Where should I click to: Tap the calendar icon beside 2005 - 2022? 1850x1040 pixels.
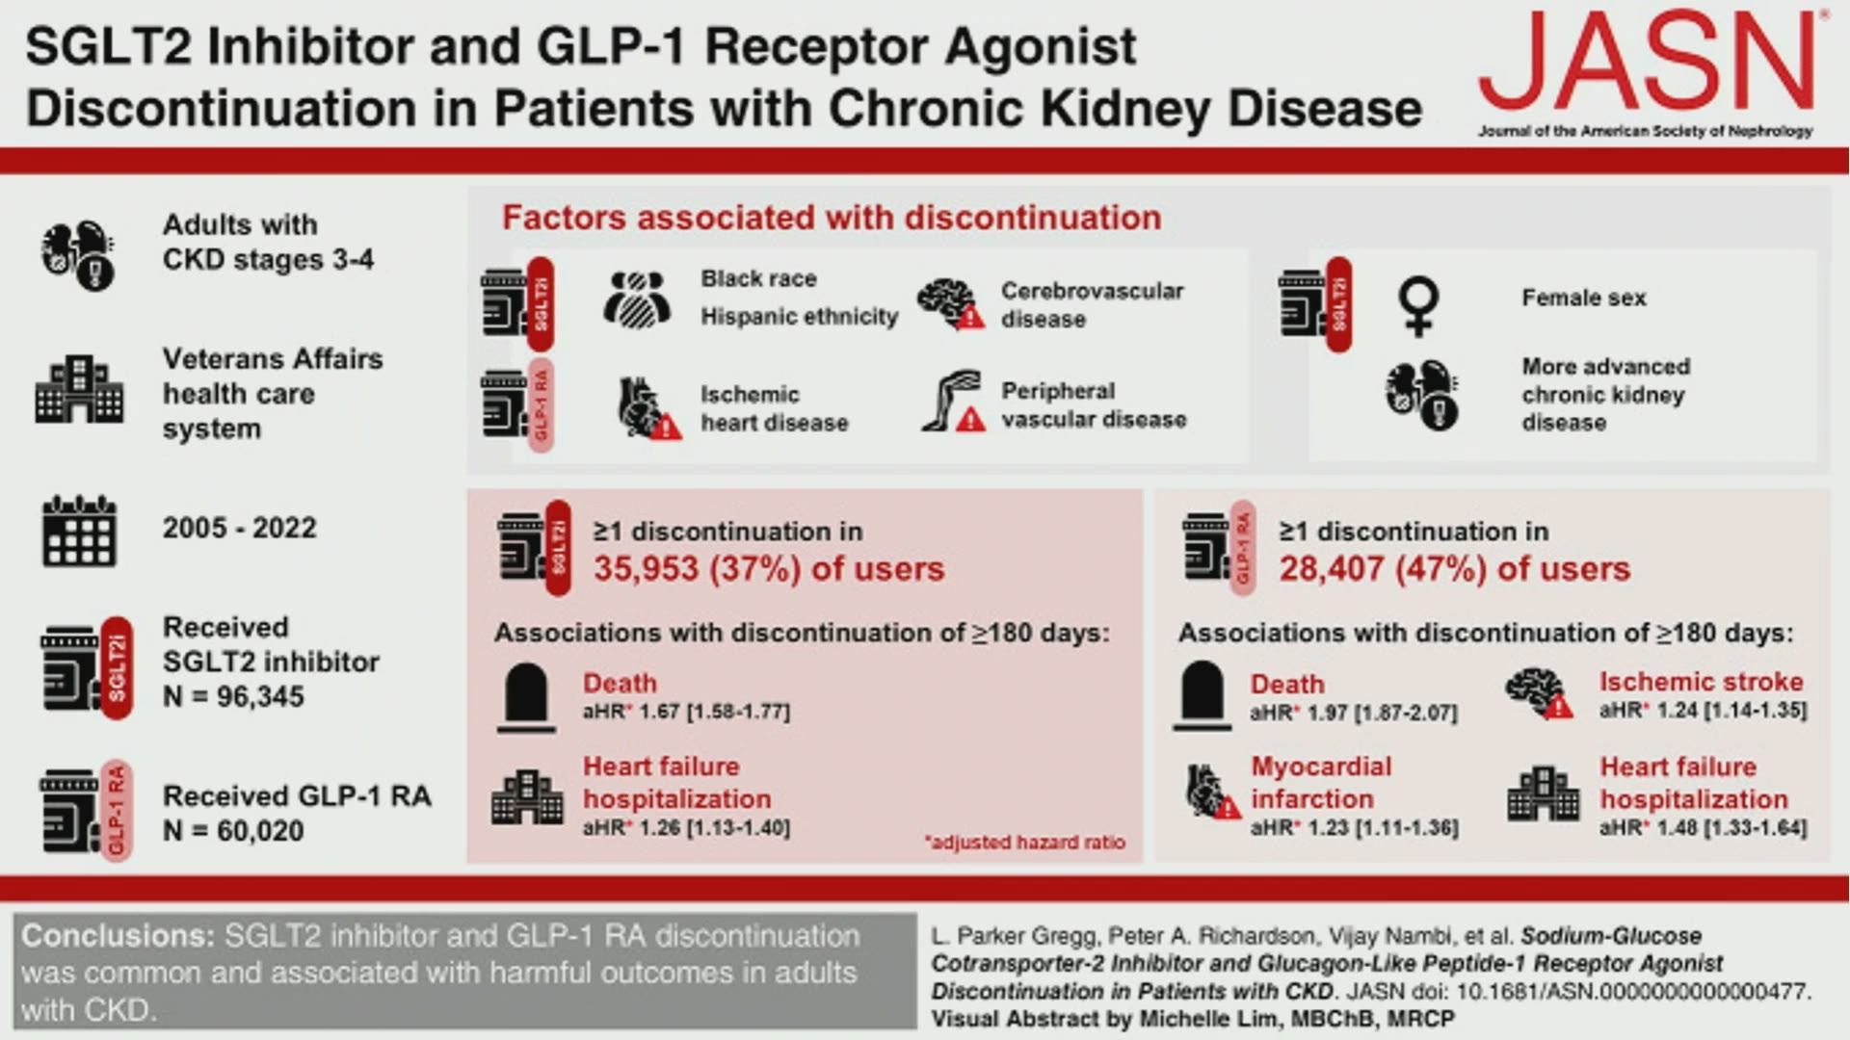79,531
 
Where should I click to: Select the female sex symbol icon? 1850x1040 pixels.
1418,306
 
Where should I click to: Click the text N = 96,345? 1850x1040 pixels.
233,696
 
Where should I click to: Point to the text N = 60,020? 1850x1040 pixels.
233,830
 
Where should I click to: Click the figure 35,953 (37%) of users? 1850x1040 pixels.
769,568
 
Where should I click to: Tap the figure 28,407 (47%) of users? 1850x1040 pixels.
1455,568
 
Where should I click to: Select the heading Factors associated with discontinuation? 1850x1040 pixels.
832,218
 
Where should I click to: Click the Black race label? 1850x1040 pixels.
758,278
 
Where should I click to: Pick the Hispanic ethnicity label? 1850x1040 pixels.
799,316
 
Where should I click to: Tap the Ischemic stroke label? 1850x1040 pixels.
1701,681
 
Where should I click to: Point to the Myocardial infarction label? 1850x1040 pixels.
1321,782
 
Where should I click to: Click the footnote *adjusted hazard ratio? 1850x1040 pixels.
1024,842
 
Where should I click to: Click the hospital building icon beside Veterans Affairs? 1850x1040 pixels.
79,389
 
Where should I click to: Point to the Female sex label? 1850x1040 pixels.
1584,298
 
